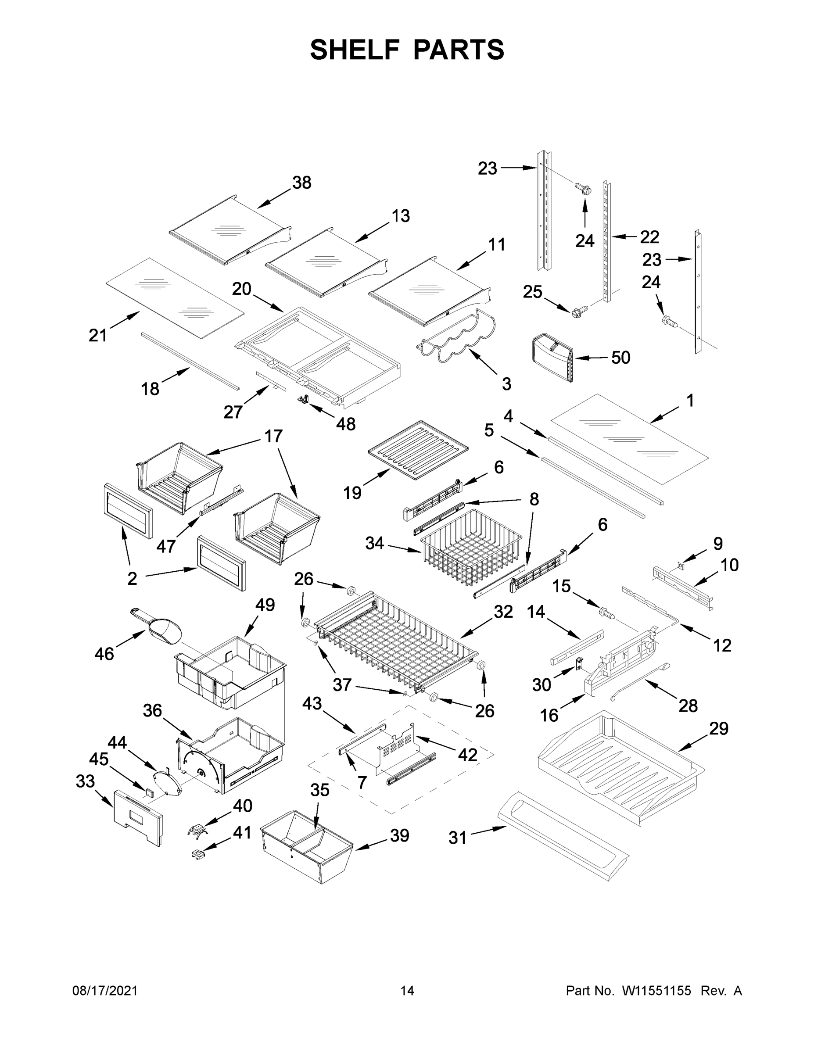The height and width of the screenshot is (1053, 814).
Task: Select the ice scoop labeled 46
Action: coord(159,628)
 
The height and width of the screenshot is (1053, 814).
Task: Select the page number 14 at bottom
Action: coord(407,991)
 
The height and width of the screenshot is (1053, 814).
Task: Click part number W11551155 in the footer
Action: coord(656,991)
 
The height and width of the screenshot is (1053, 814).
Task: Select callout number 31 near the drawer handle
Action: coord(457,838)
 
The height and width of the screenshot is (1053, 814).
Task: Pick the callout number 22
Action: coord(649,237)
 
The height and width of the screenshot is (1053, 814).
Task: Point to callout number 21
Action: coord(97,335)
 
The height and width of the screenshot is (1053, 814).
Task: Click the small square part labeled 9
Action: coord(681,564)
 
